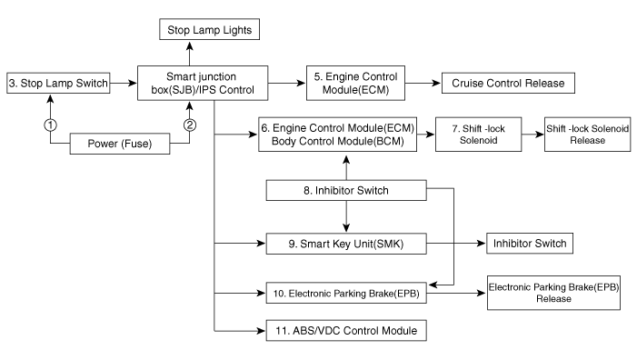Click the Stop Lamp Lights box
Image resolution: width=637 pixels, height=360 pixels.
pos(209,30)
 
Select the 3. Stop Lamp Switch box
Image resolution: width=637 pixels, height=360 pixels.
pos(58,84)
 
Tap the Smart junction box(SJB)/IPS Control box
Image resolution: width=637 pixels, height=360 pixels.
pos(203,84)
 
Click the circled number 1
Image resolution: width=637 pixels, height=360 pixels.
pos(52,125)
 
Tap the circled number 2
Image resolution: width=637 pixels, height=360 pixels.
pos(189,125)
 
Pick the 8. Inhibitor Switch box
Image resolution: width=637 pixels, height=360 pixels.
pos(346,191)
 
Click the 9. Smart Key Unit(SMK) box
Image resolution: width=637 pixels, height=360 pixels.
pos(346,244)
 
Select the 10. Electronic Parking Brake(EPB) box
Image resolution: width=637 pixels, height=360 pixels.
pos(346,294)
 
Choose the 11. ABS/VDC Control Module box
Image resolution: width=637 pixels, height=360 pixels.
pos(346,331)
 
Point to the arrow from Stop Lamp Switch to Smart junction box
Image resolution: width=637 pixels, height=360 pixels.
pos(123,84)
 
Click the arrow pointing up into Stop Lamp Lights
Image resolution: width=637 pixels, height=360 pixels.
pos(191,53)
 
